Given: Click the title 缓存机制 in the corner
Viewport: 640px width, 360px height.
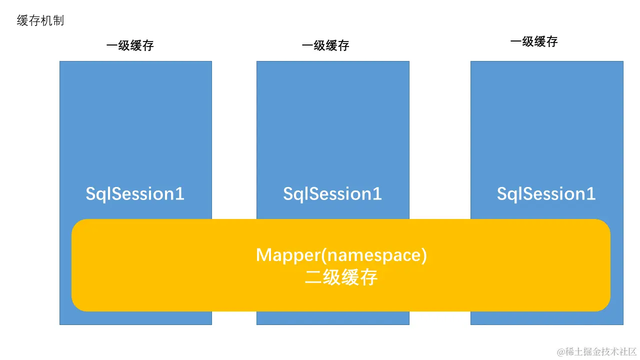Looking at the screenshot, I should tap(40, 21).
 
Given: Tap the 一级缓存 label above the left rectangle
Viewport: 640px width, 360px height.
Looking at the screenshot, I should tap(130, 45).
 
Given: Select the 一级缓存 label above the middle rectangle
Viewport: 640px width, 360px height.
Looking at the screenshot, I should tap(325, 45).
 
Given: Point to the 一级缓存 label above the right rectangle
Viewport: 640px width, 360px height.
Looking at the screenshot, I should tap(533, 41).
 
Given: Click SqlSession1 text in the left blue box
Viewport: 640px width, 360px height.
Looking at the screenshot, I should tap(135, 194).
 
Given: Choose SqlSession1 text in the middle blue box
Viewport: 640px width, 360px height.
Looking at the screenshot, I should tap(332, 194).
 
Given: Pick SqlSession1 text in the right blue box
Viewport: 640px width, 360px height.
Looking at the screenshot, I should tap(546, 194).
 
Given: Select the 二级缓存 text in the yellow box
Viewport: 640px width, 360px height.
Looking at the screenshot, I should tap(341, 277).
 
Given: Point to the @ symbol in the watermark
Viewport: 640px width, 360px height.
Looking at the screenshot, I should tap(561, 351).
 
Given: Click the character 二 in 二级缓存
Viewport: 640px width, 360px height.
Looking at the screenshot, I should tap(313, 277).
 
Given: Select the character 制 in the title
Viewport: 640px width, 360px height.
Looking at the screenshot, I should tap(58, 21).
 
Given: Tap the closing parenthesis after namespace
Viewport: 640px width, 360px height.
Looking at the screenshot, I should tap(424, 255).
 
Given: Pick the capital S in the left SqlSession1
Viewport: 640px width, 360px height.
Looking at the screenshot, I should tap(91, 194).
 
